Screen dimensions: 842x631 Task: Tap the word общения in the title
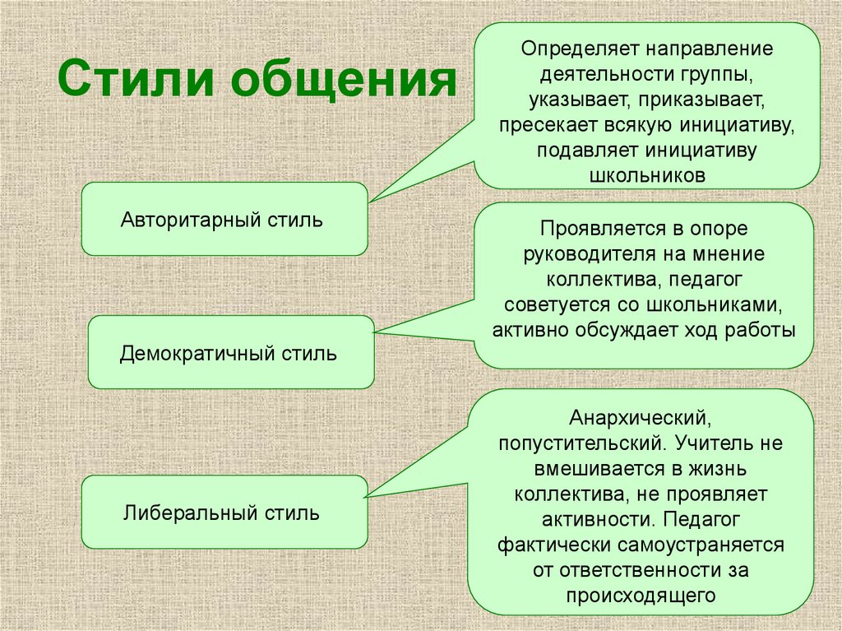click(345, 80)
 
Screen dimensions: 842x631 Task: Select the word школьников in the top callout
click(648, 175)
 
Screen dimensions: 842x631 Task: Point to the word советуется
click(556, 304)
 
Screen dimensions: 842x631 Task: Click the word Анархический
click(641, 418)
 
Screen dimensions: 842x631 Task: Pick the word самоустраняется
click(701, 545)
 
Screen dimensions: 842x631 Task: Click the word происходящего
click(641, 596)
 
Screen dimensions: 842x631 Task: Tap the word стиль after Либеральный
click(292, 513)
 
